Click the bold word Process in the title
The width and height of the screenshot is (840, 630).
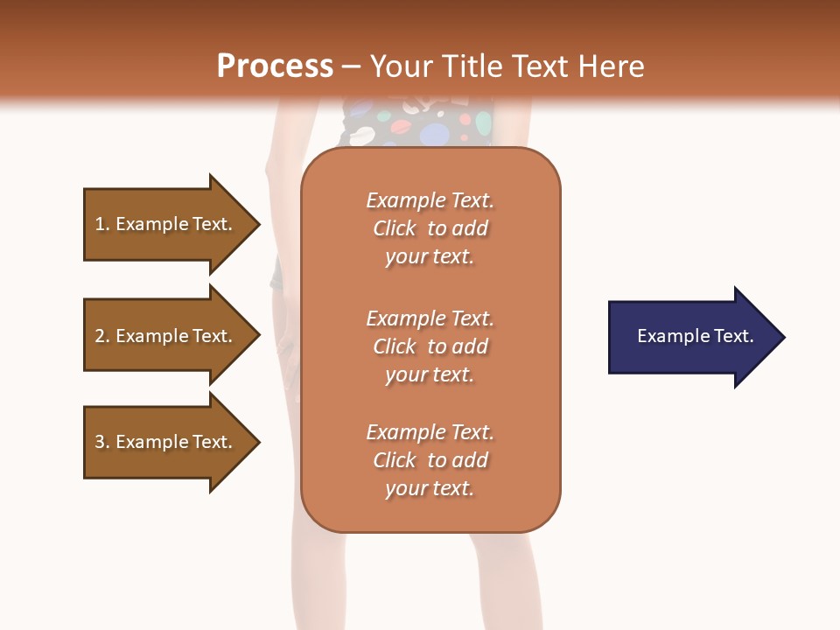pyautogui.click(x=275, y=66)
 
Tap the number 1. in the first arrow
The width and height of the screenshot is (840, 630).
pyautogui.click(x=102, y=224)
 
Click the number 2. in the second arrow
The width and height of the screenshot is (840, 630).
pyautogui.click(x=102, y=336)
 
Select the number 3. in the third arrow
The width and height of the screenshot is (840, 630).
pyautogui.click(x=102, y=442)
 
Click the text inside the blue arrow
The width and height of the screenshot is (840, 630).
pyautogui.click(x=695, y=336)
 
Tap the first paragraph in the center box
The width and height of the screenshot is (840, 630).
pyautogui.click(x=430, y=228)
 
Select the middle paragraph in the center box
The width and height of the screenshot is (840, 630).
pyautogui.click(x=430, y=346)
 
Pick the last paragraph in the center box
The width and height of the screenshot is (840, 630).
pyautogui.click(x=430, y=460)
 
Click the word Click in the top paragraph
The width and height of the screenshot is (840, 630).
pyautogui.click(x=395, y=228)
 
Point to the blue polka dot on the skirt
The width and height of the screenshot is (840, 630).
pyautogui.click(x=434, y=135)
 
